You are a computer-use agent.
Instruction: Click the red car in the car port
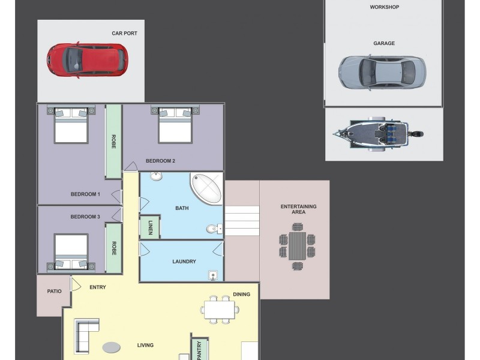pyautogui.click(x=87, y=60)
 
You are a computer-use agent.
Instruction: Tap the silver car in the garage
pyautogui.click(x=382, y=73)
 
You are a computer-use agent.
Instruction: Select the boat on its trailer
pyautogui.click(x=378, y=134)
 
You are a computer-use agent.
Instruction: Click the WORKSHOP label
pyautogui.click(x=384, y=7)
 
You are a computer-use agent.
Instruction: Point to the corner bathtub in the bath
pyautogui.click(x=206, y=189)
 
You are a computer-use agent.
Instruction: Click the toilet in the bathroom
pyautogui.click(x=214, y=229)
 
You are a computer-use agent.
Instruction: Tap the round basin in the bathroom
pyautogui.click(x=156, y=176)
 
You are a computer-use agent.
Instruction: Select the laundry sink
pyautogui.click(x=213, y=275)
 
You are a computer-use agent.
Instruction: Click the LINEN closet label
pyautogui.click(x=151, y=227)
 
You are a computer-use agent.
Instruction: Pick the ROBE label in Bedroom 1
pyautogui.click(x=113, y=142)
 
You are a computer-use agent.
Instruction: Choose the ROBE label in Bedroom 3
pyautogui.click(x=114, y=248)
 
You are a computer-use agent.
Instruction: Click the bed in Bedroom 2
pyautogui.click(x=175, y=125)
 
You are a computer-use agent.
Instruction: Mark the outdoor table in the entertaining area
pyautogui.click(x=297, y=246)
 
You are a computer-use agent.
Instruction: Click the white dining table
pyautogui.click(x=220, y=310)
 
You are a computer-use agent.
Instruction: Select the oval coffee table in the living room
pyautogui.click(x=112, y=347)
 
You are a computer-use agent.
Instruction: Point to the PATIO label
pyautogui.click(x=54, y=291)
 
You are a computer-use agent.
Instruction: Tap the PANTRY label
pyautogui.click(x=199, y=350)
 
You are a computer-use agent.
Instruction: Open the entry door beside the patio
pyautogui.click(x=76, y=284)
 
